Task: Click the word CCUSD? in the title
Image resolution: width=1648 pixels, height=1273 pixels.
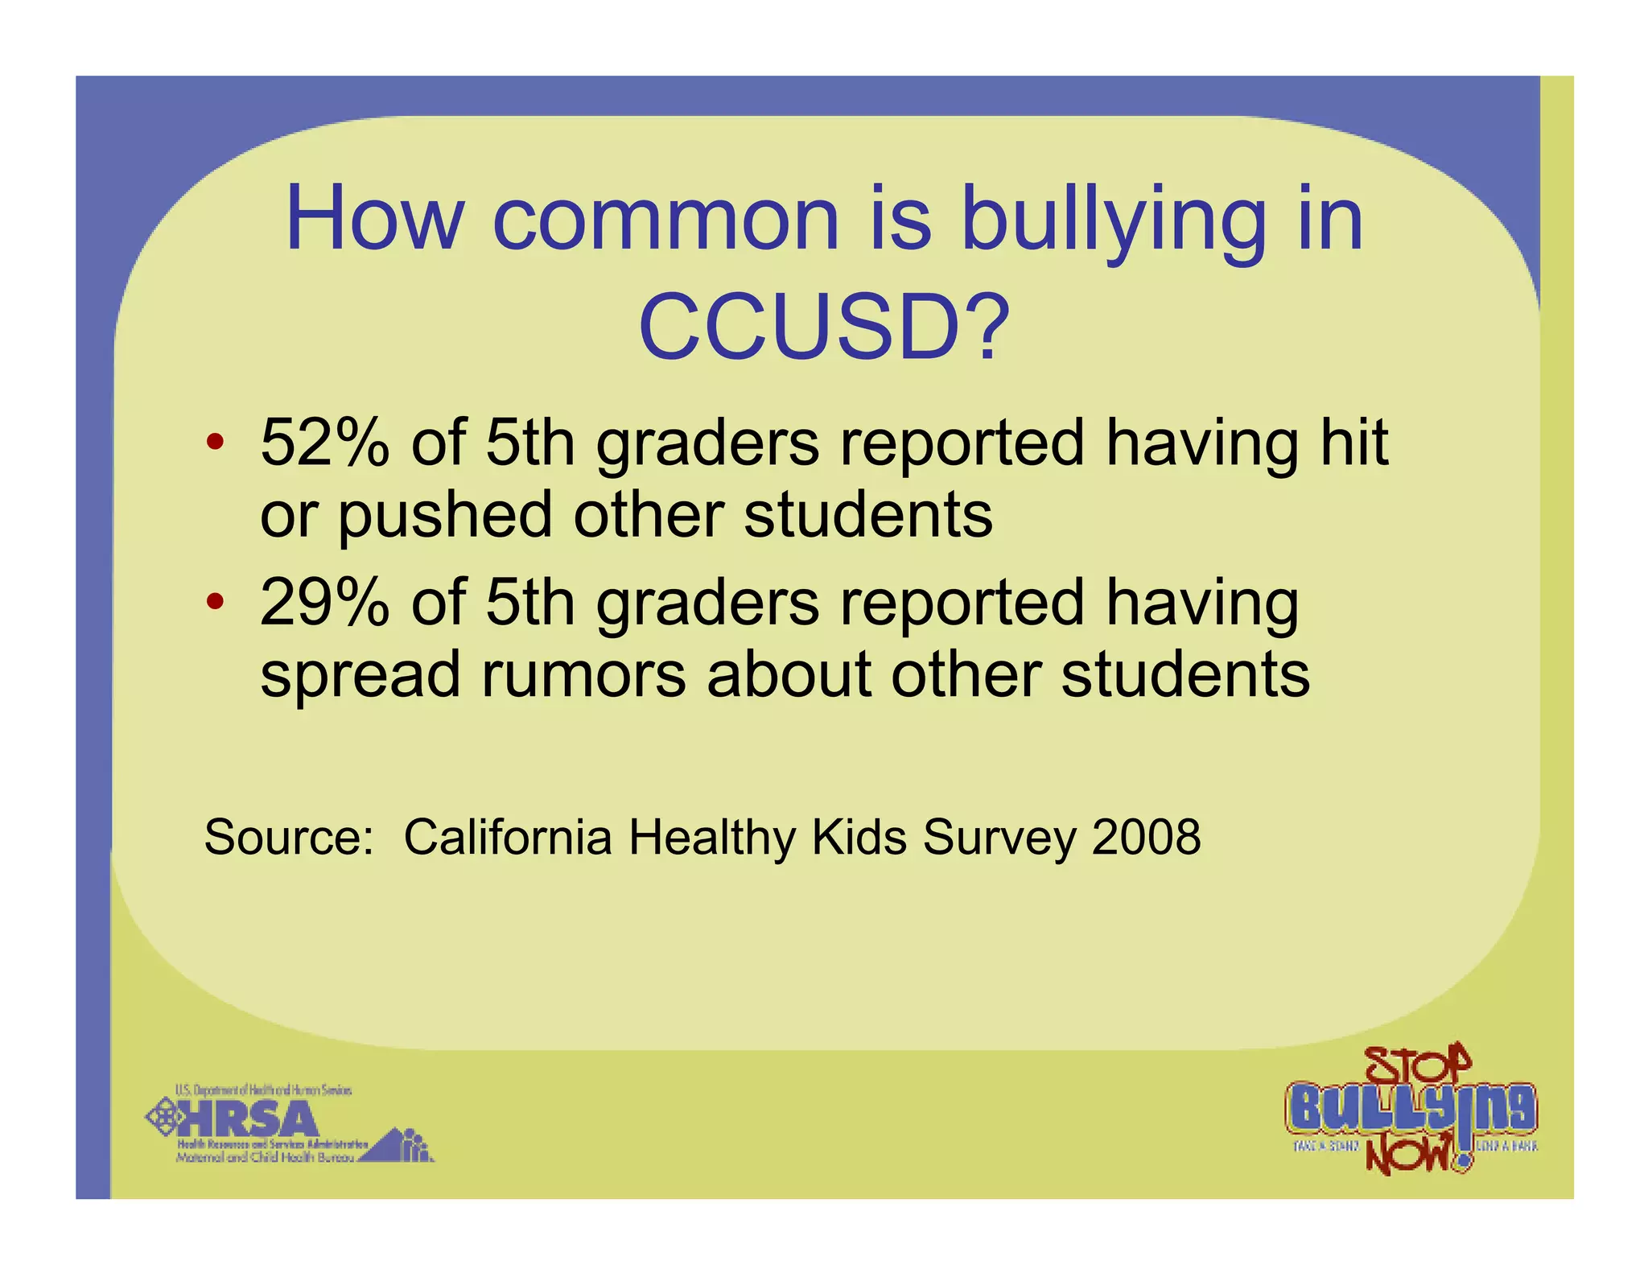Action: click(823, 327)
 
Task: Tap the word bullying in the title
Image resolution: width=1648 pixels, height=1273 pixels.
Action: click(1114, 220)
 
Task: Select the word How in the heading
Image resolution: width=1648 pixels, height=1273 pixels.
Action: click(375, 219)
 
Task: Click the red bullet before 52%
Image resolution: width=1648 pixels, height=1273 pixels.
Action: click(214, 443)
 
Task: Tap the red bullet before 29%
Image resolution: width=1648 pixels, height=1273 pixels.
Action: click(214, 602)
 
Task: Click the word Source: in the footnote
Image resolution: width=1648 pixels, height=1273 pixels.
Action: click(289, 837)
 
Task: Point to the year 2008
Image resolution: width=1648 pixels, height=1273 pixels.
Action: click(1146, 837)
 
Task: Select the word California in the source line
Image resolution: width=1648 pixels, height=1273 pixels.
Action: click(508, 837)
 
